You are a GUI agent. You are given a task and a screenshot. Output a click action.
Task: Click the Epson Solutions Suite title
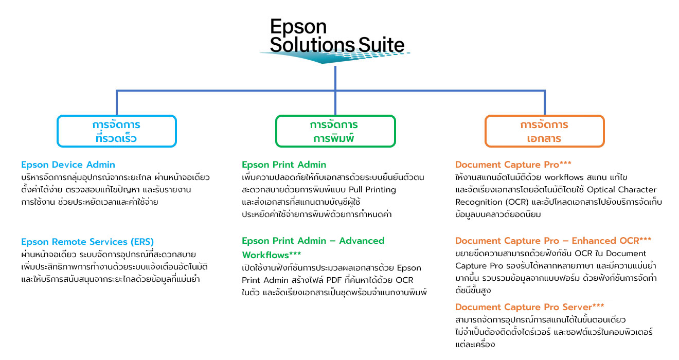click(x=337, y=36)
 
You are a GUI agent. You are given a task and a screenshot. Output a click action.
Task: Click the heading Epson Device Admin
click(x=68, y=165)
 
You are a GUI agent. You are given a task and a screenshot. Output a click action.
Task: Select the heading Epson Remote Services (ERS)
click(x=87, y=242)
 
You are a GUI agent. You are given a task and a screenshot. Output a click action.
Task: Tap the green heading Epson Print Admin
click(x=284, y=165)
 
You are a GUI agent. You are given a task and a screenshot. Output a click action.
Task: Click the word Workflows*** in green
click(x=272, y=255)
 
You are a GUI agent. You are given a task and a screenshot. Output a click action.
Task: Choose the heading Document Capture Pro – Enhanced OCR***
click(x=553, y=241)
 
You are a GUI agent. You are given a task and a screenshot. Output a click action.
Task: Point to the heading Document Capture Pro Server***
click(x=529, y=307)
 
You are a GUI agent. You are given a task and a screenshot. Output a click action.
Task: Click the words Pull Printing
click(x=372, y=190)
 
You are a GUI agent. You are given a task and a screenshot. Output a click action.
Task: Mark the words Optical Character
click(x=622, y=190)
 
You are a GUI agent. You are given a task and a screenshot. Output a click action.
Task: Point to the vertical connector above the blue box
click(x=117, y=102)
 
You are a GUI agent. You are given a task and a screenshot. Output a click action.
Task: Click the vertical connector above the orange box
click(x=545, y=102)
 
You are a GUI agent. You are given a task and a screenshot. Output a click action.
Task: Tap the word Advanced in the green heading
click(x=362, y=241)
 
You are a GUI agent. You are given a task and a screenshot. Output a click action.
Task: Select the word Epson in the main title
click(x=298, y=27)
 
